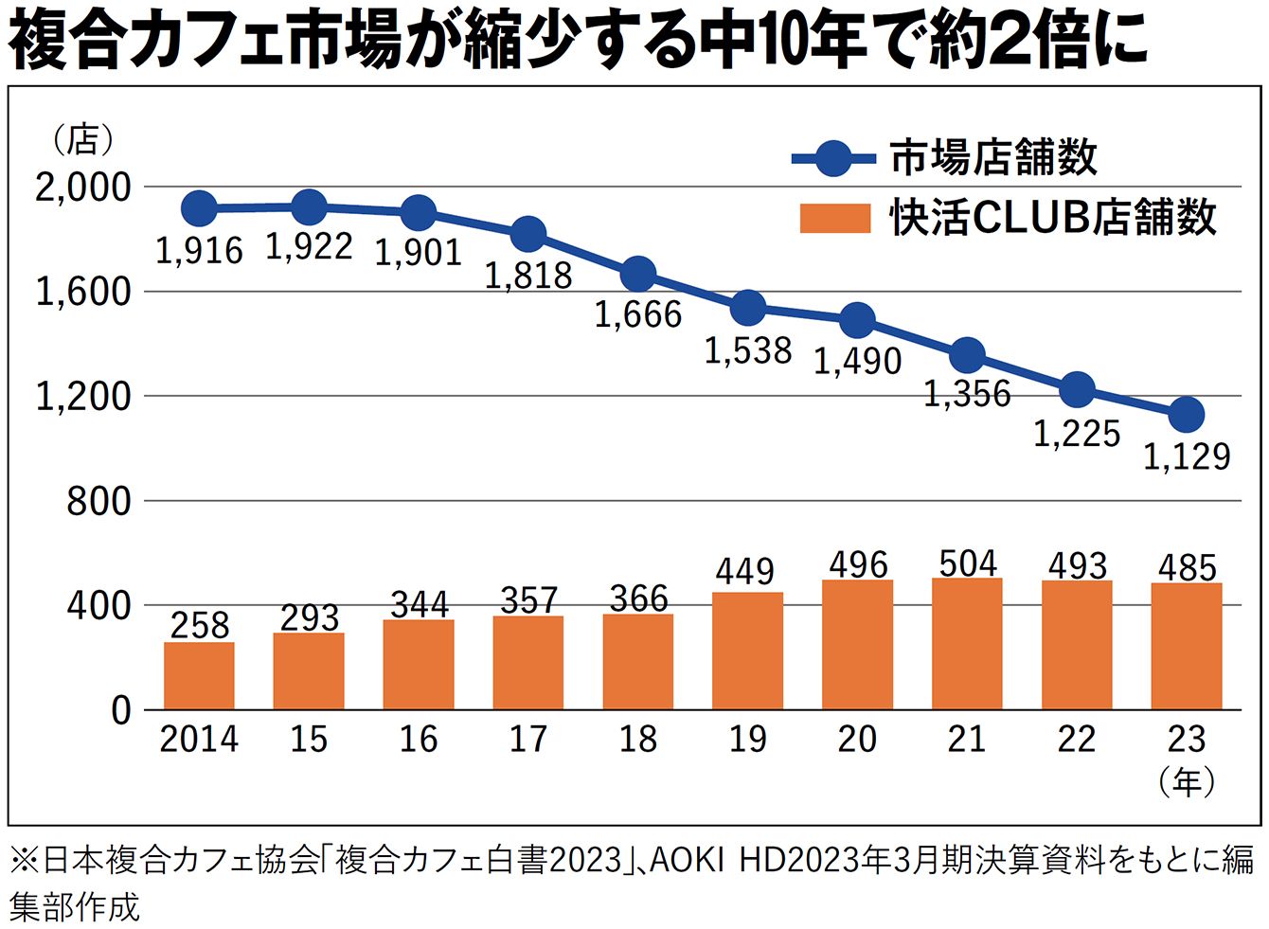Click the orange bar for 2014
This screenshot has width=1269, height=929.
coord(199,675)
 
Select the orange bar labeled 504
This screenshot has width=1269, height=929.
coord(967,643)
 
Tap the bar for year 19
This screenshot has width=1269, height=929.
coord(747,651)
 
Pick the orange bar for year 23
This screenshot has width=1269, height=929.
coord(1187,646)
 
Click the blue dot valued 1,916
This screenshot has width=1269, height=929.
coord(199,207)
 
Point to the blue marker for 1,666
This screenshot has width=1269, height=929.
coord(638,274)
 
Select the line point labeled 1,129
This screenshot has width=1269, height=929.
coord(1187,414)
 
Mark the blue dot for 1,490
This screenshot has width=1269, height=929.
coord(857,320)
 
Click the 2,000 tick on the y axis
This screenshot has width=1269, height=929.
coord(83,188)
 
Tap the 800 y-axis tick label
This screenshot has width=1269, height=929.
coord(98,501)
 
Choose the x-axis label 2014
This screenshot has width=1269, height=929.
coord(199,740)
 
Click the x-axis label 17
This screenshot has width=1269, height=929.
coord(528,740)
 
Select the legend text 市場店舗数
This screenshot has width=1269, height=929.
coord(993,157)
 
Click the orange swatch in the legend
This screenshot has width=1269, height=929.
coord(834,218)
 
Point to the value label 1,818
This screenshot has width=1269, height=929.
coord(528,276)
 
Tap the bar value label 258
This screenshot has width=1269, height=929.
coord(199,625)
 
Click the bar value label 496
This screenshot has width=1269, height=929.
coord(858,564)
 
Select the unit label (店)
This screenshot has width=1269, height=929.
coord(83,140)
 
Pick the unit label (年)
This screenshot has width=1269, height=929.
coord(1187,782)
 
